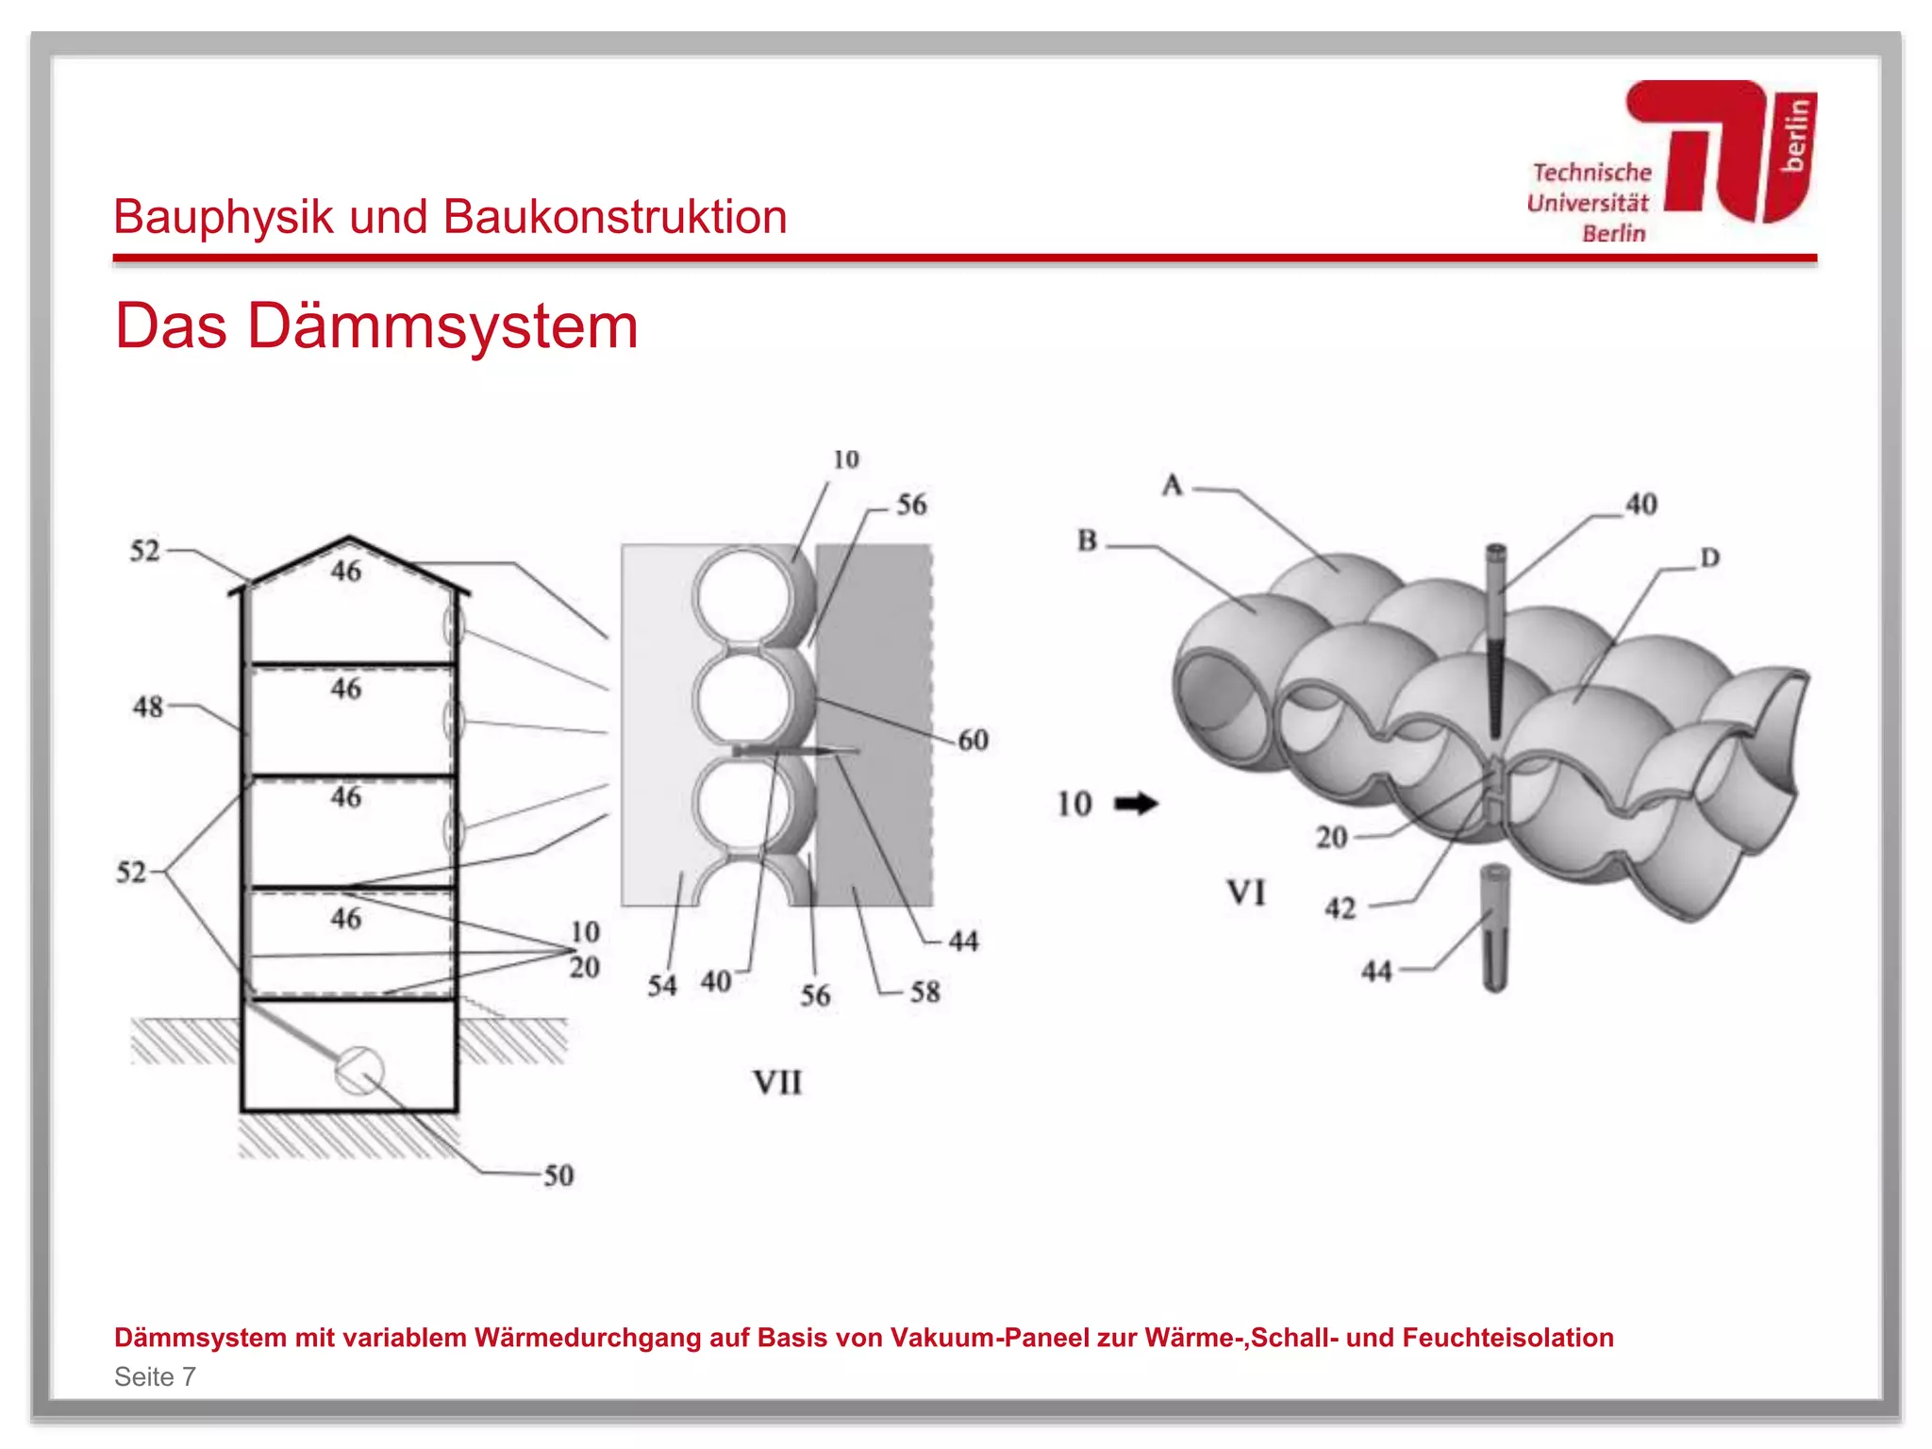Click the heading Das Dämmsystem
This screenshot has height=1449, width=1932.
(376, 326)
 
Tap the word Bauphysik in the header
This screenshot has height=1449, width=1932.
(224, 217)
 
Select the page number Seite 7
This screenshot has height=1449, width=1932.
(155, 1376)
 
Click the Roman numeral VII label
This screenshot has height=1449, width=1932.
(777, 1082)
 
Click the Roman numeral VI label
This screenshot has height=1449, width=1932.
(1245, 892)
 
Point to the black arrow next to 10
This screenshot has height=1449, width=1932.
(1136, 804)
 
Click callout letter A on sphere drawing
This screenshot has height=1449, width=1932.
(1172, 485)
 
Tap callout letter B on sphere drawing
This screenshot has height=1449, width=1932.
(1087, 541)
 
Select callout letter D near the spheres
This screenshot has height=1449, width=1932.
(1709, 558)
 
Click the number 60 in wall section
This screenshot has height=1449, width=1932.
(973, 740)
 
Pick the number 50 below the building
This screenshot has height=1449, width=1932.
(558, 1175)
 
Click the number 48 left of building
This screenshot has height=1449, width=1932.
(147, 707)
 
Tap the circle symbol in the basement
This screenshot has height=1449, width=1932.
(359, 1071)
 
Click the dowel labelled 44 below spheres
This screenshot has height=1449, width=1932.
(1495, 929)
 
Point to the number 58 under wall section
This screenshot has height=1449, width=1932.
(924, 991)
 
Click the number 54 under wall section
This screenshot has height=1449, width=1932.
(661, 986)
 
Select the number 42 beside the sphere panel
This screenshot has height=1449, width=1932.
(1340, 908)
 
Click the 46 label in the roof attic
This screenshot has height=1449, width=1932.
(345, 571)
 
